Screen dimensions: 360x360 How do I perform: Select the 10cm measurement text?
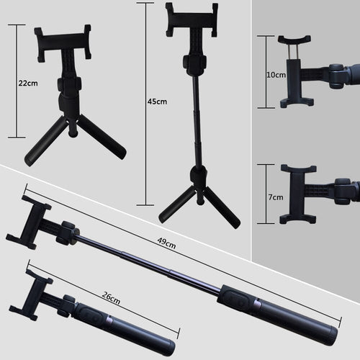(x=276, y=74)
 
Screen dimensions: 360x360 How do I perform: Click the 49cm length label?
(x=166, y=244)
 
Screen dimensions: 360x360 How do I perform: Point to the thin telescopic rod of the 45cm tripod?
(x=194, y=122)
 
